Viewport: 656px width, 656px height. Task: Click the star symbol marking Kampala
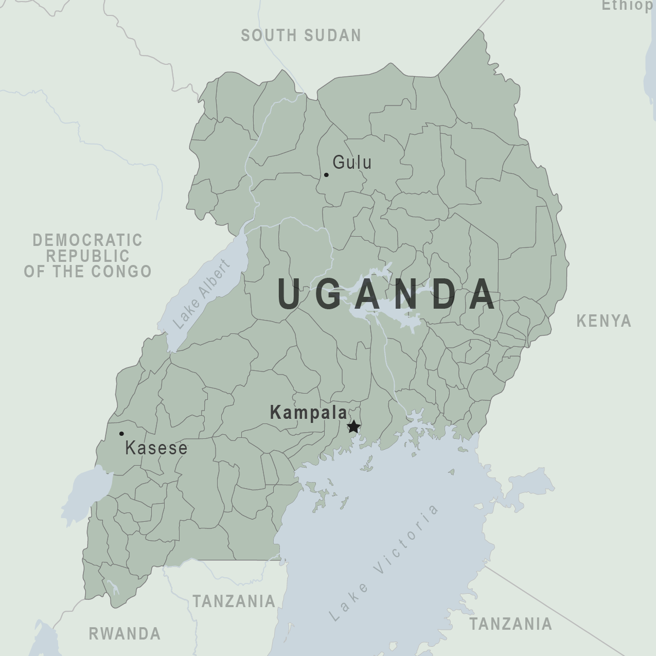coord(353,427)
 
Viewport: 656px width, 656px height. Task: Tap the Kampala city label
coord(308,413)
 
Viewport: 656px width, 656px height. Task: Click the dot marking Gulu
coord(326,175)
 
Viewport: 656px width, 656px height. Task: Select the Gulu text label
coord(352,163)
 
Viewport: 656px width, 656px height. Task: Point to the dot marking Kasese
coord(121,434)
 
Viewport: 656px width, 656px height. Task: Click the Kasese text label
coord(156,448)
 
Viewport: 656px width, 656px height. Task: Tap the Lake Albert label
coord(201,295)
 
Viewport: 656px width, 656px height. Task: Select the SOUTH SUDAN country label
coord(301,36)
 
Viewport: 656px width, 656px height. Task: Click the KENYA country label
coord(604,321)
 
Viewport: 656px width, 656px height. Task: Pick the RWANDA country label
coord(125,633)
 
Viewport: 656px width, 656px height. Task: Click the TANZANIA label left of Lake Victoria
coord(234,601)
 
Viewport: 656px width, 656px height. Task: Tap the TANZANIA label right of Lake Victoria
coord(510,624)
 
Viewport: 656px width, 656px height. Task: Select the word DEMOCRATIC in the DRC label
coord(87,240)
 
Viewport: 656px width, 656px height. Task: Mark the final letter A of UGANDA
coord(484,294)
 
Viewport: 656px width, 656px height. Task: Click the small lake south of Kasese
coord(90,489)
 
